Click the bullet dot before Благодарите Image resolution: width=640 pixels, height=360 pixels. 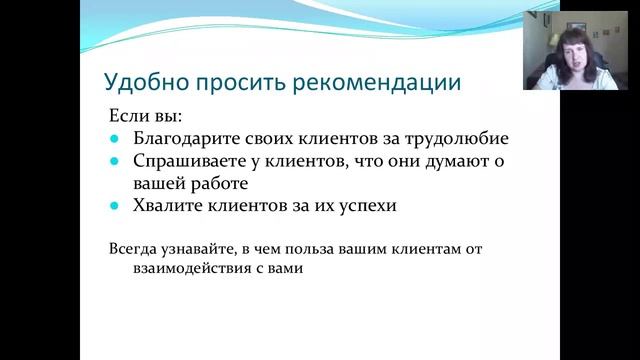coord(114,140)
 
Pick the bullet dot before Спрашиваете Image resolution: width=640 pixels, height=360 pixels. coord(114,162)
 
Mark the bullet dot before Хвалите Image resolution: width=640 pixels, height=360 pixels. coord(114,206)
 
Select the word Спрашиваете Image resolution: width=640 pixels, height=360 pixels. coord(188,161)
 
